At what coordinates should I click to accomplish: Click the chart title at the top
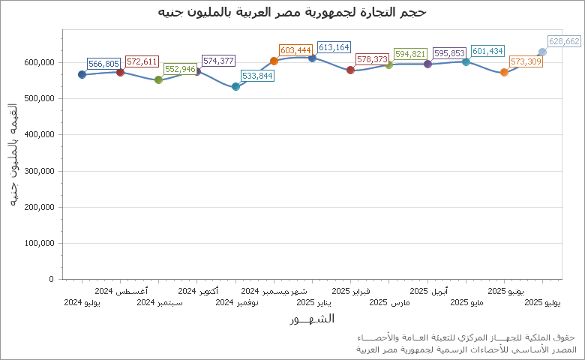pos(292,12)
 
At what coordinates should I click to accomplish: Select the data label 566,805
pos(103,64)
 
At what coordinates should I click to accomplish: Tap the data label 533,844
pos(257,76)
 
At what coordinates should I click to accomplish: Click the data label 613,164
pos(334,47)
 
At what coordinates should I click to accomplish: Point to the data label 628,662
pos(564,41)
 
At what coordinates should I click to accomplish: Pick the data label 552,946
pos(180,69)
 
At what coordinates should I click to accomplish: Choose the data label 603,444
pos(295,50)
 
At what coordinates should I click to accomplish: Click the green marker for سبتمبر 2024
pos(158,79)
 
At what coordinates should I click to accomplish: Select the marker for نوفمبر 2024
pos(235,86)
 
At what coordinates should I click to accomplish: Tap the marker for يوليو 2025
pos(542,52)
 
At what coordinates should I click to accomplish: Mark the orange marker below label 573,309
pos(504,72)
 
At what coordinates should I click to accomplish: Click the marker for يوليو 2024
pos(82,74)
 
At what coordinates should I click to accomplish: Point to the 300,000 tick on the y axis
pos(39,171)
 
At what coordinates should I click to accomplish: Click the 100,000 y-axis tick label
pos(39,243)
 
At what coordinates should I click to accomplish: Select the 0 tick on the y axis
pos(51,279)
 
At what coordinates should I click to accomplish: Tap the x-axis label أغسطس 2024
pos(121,290)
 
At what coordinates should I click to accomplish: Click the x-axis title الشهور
pos(311,319)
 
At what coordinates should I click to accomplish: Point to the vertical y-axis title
pos(13,156)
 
